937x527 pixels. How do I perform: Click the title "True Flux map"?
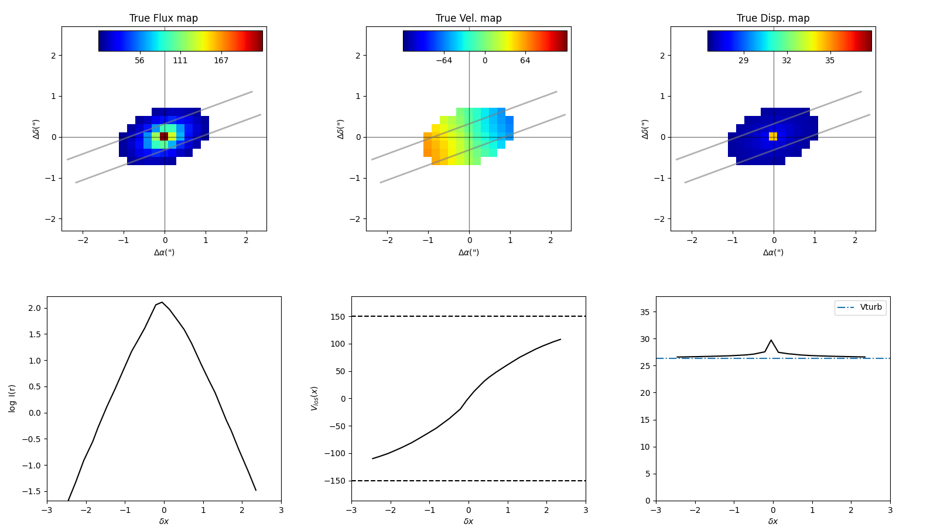coord(163,18)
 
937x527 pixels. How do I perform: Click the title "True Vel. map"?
coord(468,18)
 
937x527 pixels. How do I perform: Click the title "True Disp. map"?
coord(773,18)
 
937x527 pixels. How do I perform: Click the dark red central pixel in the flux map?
coord(164,136)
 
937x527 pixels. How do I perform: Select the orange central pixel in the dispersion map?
coord(773,136)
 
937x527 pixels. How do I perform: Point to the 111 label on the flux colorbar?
coord(180,61)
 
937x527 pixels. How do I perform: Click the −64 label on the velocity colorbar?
coord(443,61)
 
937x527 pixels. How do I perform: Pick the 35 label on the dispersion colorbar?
coord(830,61)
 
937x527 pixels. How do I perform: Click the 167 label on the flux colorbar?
coord(221,61)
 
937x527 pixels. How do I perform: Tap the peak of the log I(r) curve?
coord(162,302)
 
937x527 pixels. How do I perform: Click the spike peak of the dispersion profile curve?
coord(771,340)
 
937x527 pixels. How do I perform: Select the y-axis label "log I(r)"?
coord(12,398)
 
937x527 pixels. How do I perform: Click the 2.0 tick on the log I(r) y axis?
coord(34,309)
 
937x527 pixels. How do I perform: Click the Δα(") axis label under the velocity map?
coord(468,252)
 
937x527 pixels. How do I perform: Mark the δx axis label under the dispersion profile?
coord(773,521)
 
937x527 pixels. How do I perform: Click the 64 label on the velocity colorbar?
coord(525,61)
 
